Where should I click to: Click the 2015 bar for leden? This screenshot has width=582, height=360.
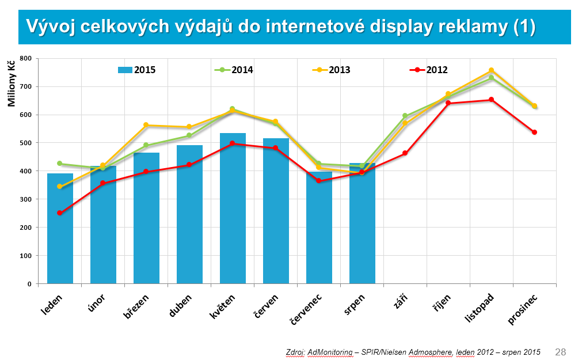[60, 228]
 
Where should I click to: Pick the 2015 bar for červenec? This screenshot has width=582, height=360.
[319, 228]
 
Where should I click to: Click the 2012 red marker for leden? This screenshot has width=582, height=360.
[60, 213]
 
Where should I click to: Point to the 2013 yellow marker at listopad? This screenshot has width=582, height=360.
[491, 70]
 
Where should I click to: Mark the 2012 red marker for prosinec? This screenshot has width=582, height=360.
[534, 132]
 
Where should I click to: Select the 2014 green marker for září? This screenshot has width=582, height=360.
[405, 116]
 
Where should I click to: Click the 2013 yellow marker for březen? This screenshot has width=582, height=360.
[146, 125]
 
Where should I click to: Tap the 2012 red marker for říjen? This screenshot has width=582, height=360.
[448, 103]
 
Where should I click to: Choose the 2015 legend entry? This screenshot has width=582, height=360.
[137, 70]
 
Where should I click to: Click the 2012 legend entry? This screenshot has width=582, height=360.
[428, 70]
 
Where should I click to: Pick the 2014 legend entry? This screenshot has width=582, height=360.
[234, 70]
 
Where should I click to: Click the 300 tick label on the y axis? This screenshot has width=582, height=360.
[25, 199]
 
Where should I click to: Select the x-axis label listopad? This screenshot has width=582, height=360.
[479, 309]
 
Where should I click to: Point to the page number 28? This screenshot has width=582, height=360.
[560, 351]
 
